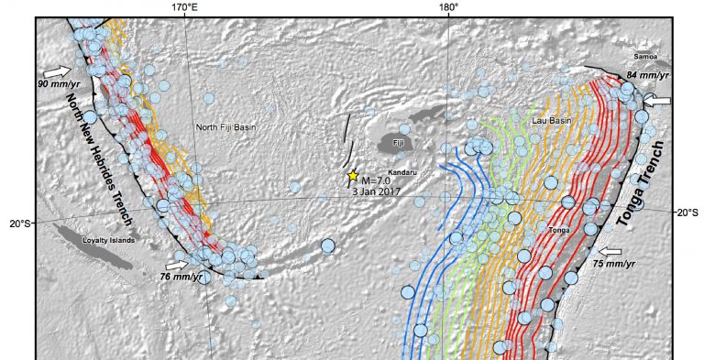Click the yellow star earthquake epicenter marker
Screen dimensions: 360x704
353,175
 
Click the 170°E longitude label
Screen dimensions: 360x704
186,8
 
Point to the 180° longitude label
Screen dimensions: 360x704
448,8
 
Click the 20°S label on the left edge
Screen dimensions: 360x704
19,223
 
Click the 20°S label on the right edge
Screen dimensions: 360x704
687,212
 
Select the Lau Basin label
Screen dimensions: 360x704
550,120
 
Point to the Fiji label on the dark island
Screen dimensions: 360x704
397,145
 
